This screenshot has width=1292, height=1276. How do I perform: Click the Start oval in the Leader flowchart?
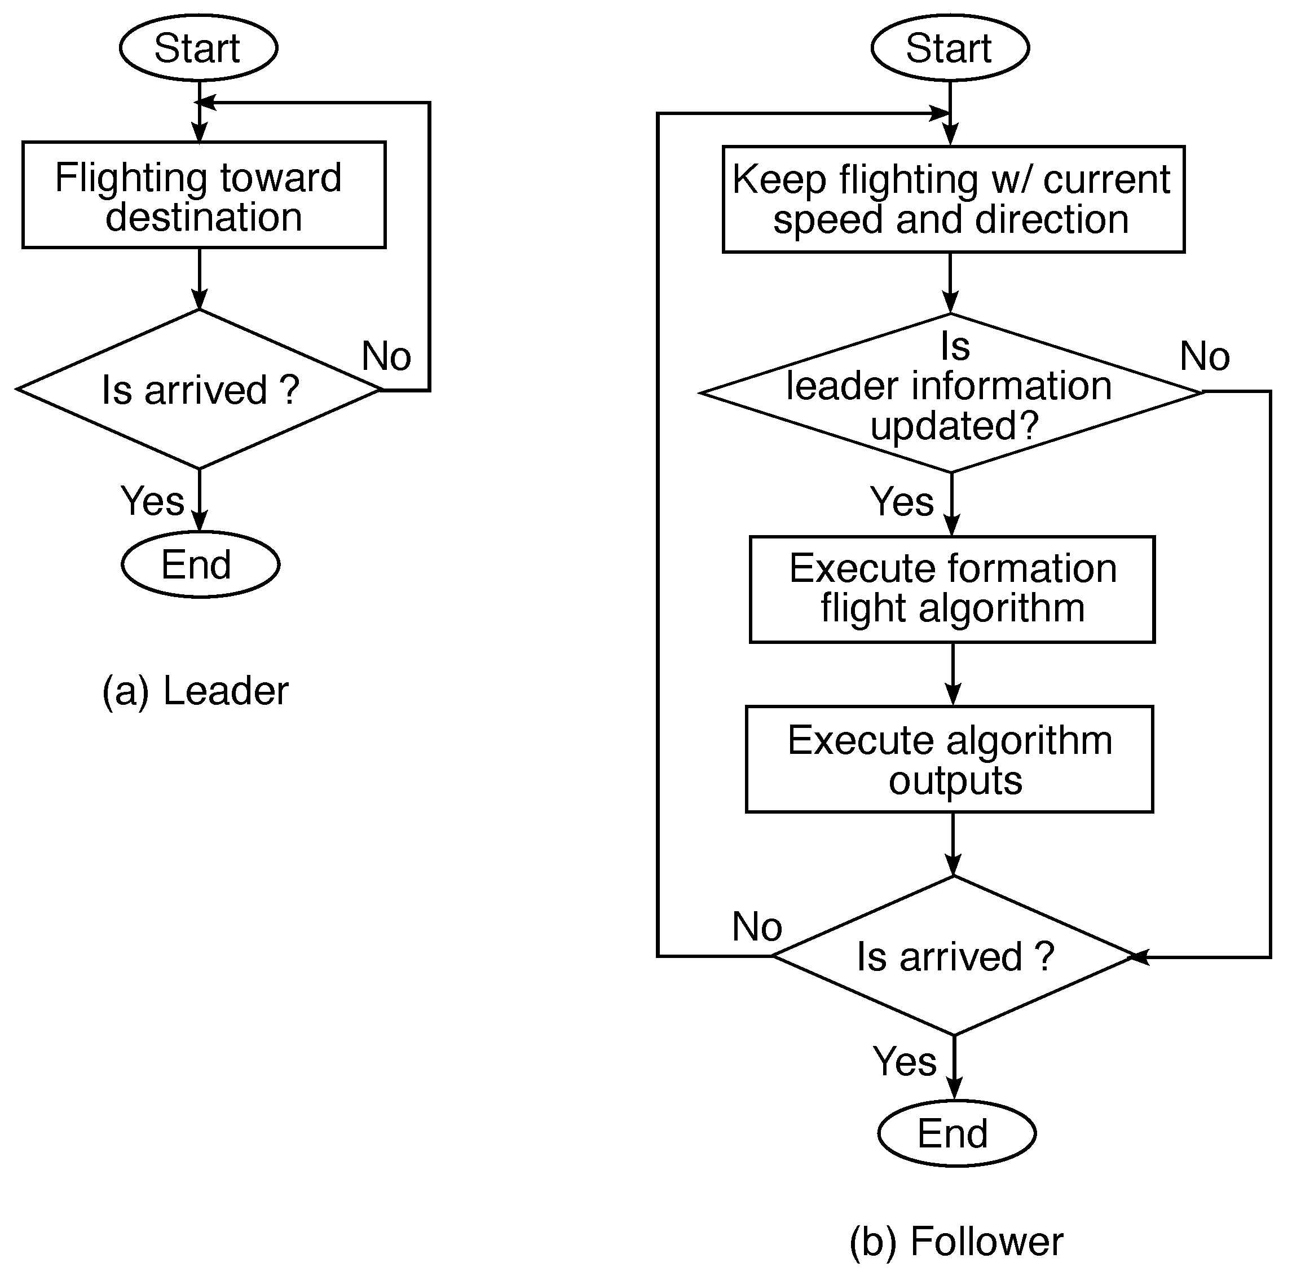click(199, 48)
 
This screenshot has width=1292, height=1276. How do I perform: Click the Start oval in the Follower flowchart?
click(950, 48)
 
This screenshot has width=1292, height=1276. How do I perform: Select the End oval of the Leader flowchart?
click(200, 564)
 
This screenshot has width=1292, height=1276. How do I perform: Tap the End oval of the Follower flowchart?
click(956, 1133)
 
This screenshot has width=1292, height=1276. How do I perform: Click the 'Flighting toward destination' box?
click(204, 195)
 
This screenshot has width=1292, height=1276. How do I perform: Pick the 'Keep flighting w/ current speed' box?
click(953, 199)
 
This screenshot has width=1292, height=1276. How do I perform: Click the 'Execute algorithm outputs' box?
click(949, 759)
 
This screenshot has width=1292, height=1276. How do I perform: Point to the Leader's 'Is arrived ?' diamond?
click(199, 389)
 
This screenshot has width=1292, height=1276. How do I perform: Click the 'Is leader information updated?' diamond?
click(950, 392)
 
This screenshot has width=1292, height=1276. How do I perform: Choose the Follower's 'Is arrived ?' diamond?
click(954, 956)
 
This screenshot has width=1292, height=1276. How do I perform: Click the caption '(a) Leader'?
click(195, 690)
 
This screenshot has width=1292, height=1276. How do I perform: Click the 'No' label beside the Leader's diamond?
click(386, 356)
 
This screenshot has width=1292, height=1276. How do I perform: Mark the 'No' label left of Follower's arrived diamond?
click(756, 927)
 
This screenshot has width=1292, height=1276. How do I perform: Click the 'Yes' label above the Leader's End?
click(152, 501)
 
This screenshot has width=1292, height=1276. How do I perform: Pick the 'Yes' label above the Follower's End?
click(904, 1061)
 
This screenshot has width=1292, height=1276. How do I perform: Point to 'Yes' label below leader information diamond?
click(901, 502)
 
